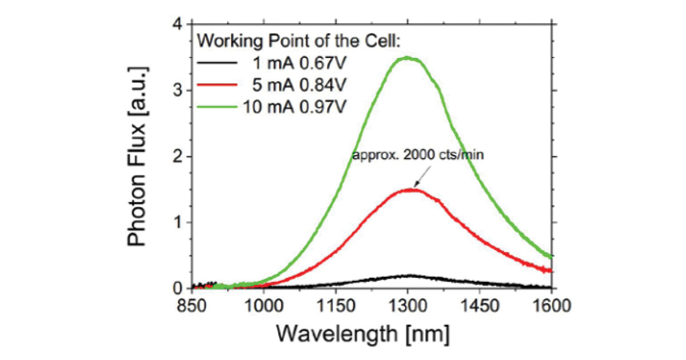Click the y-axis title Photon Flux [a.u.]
tap(139, 155)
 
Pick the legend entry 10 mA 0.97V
tap(295, 106)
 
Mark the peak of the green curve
tap(406, 58)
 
